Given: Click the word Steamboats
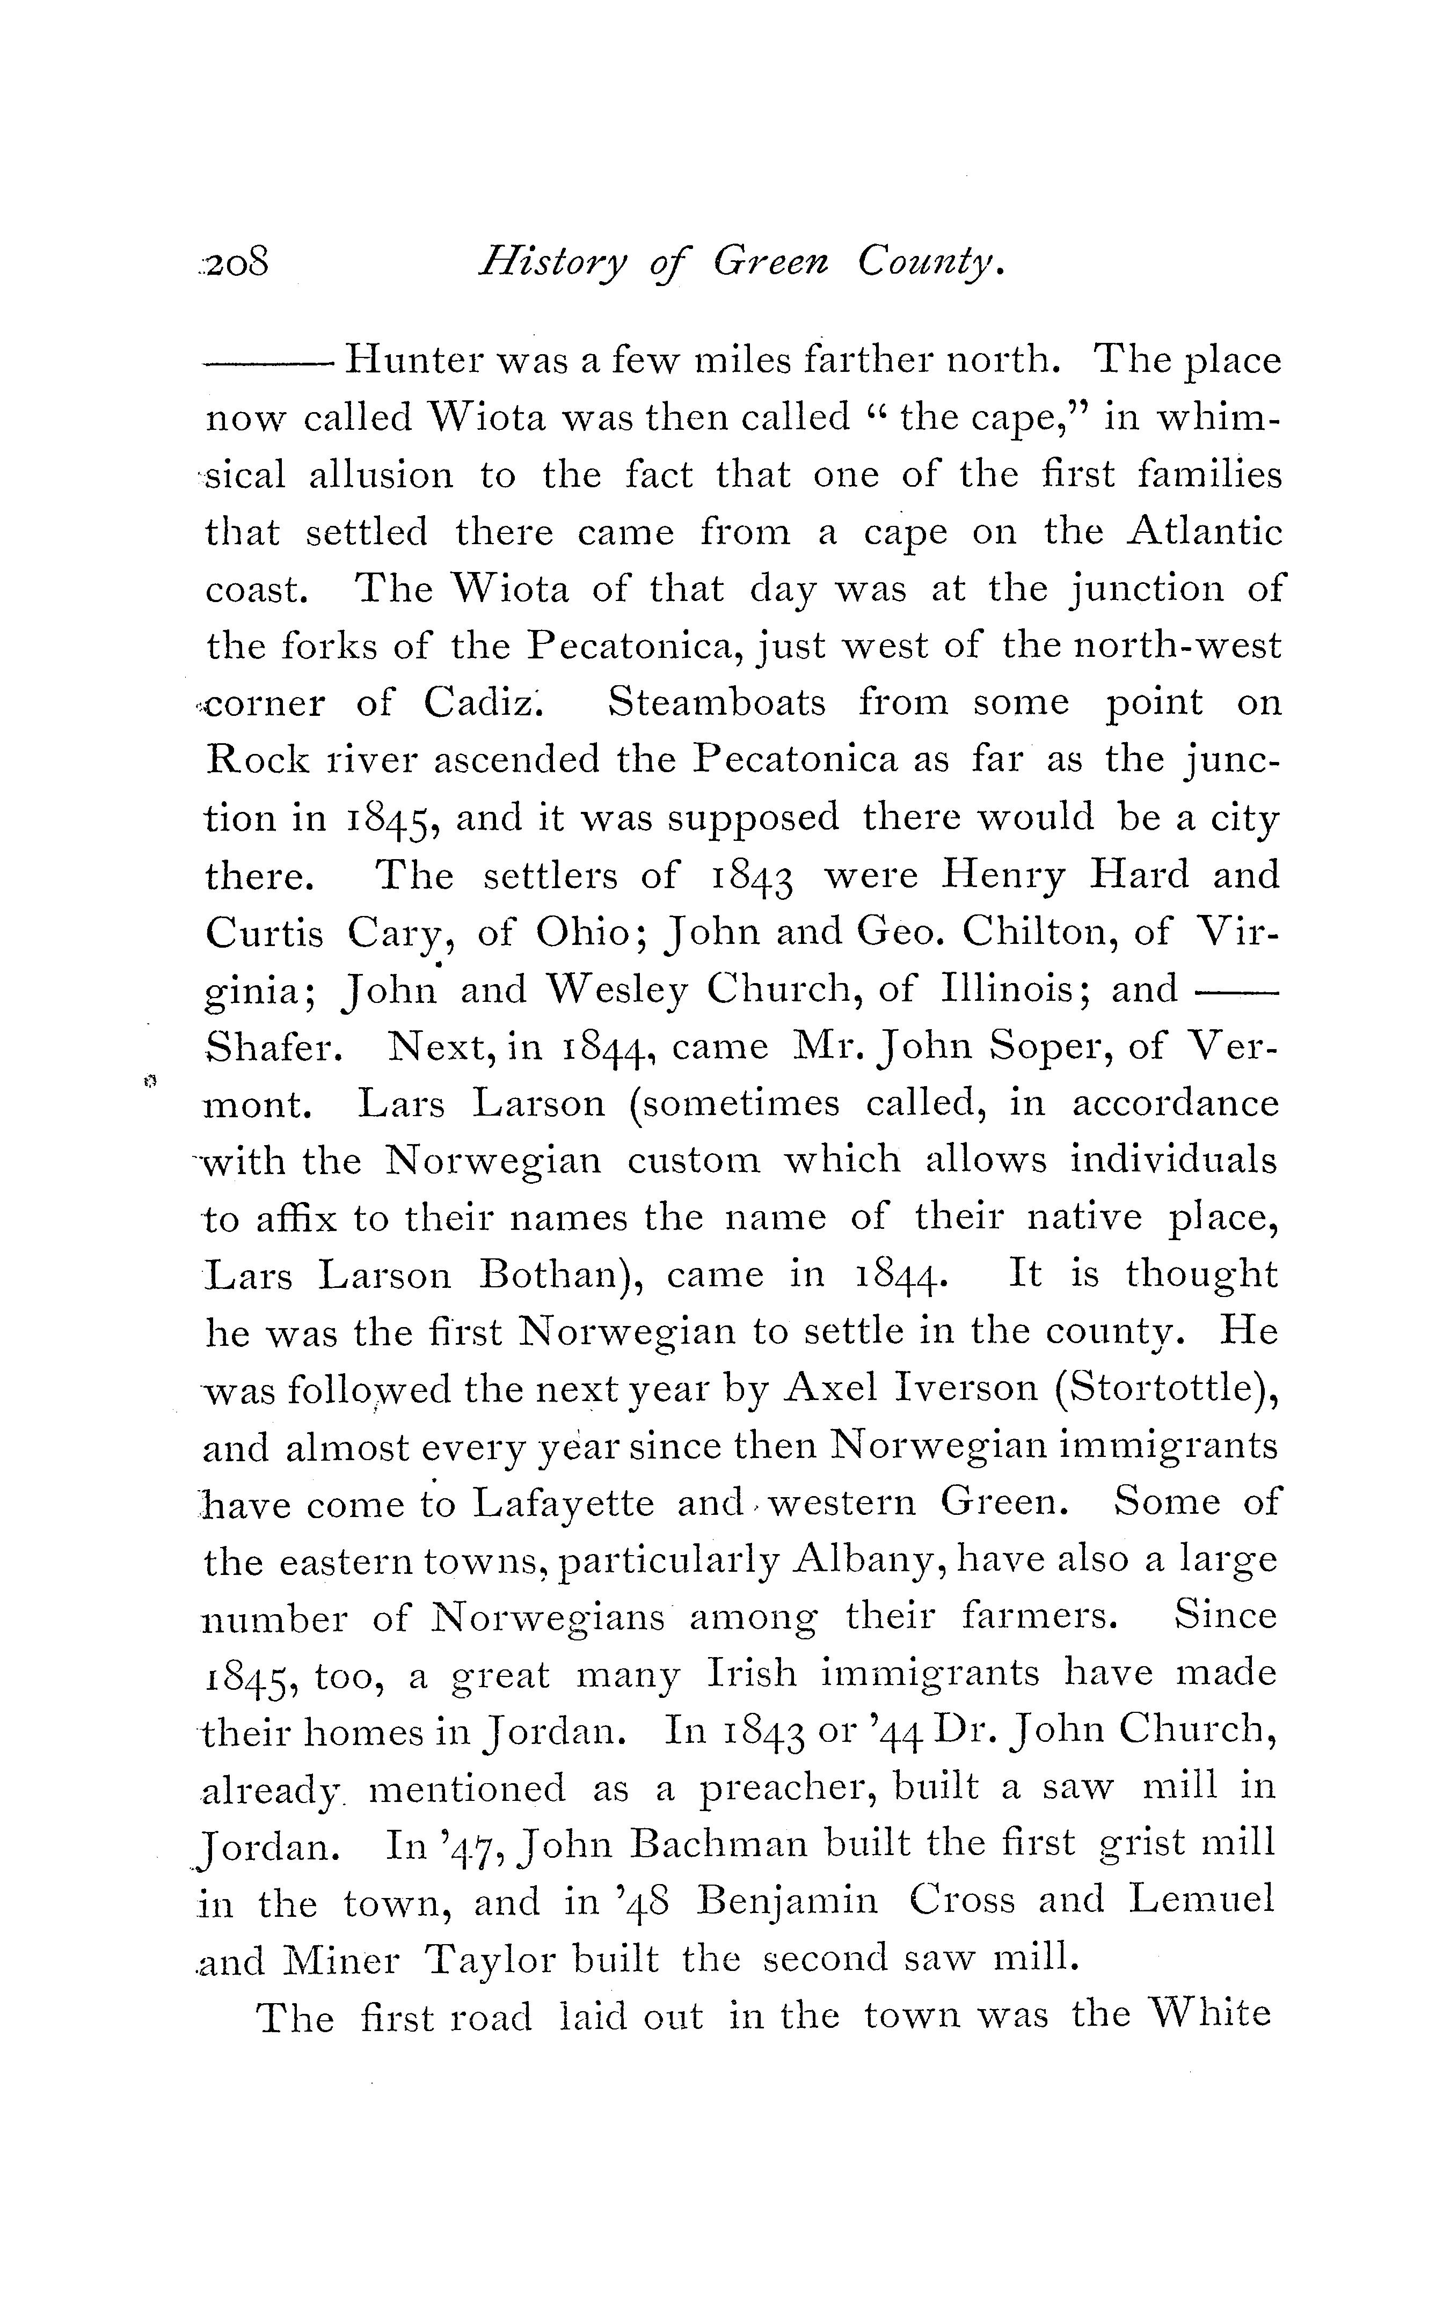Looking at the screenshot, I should (x=717, y=703).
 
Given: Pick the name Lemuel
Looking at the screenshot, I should (x=1200, y=1900).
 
